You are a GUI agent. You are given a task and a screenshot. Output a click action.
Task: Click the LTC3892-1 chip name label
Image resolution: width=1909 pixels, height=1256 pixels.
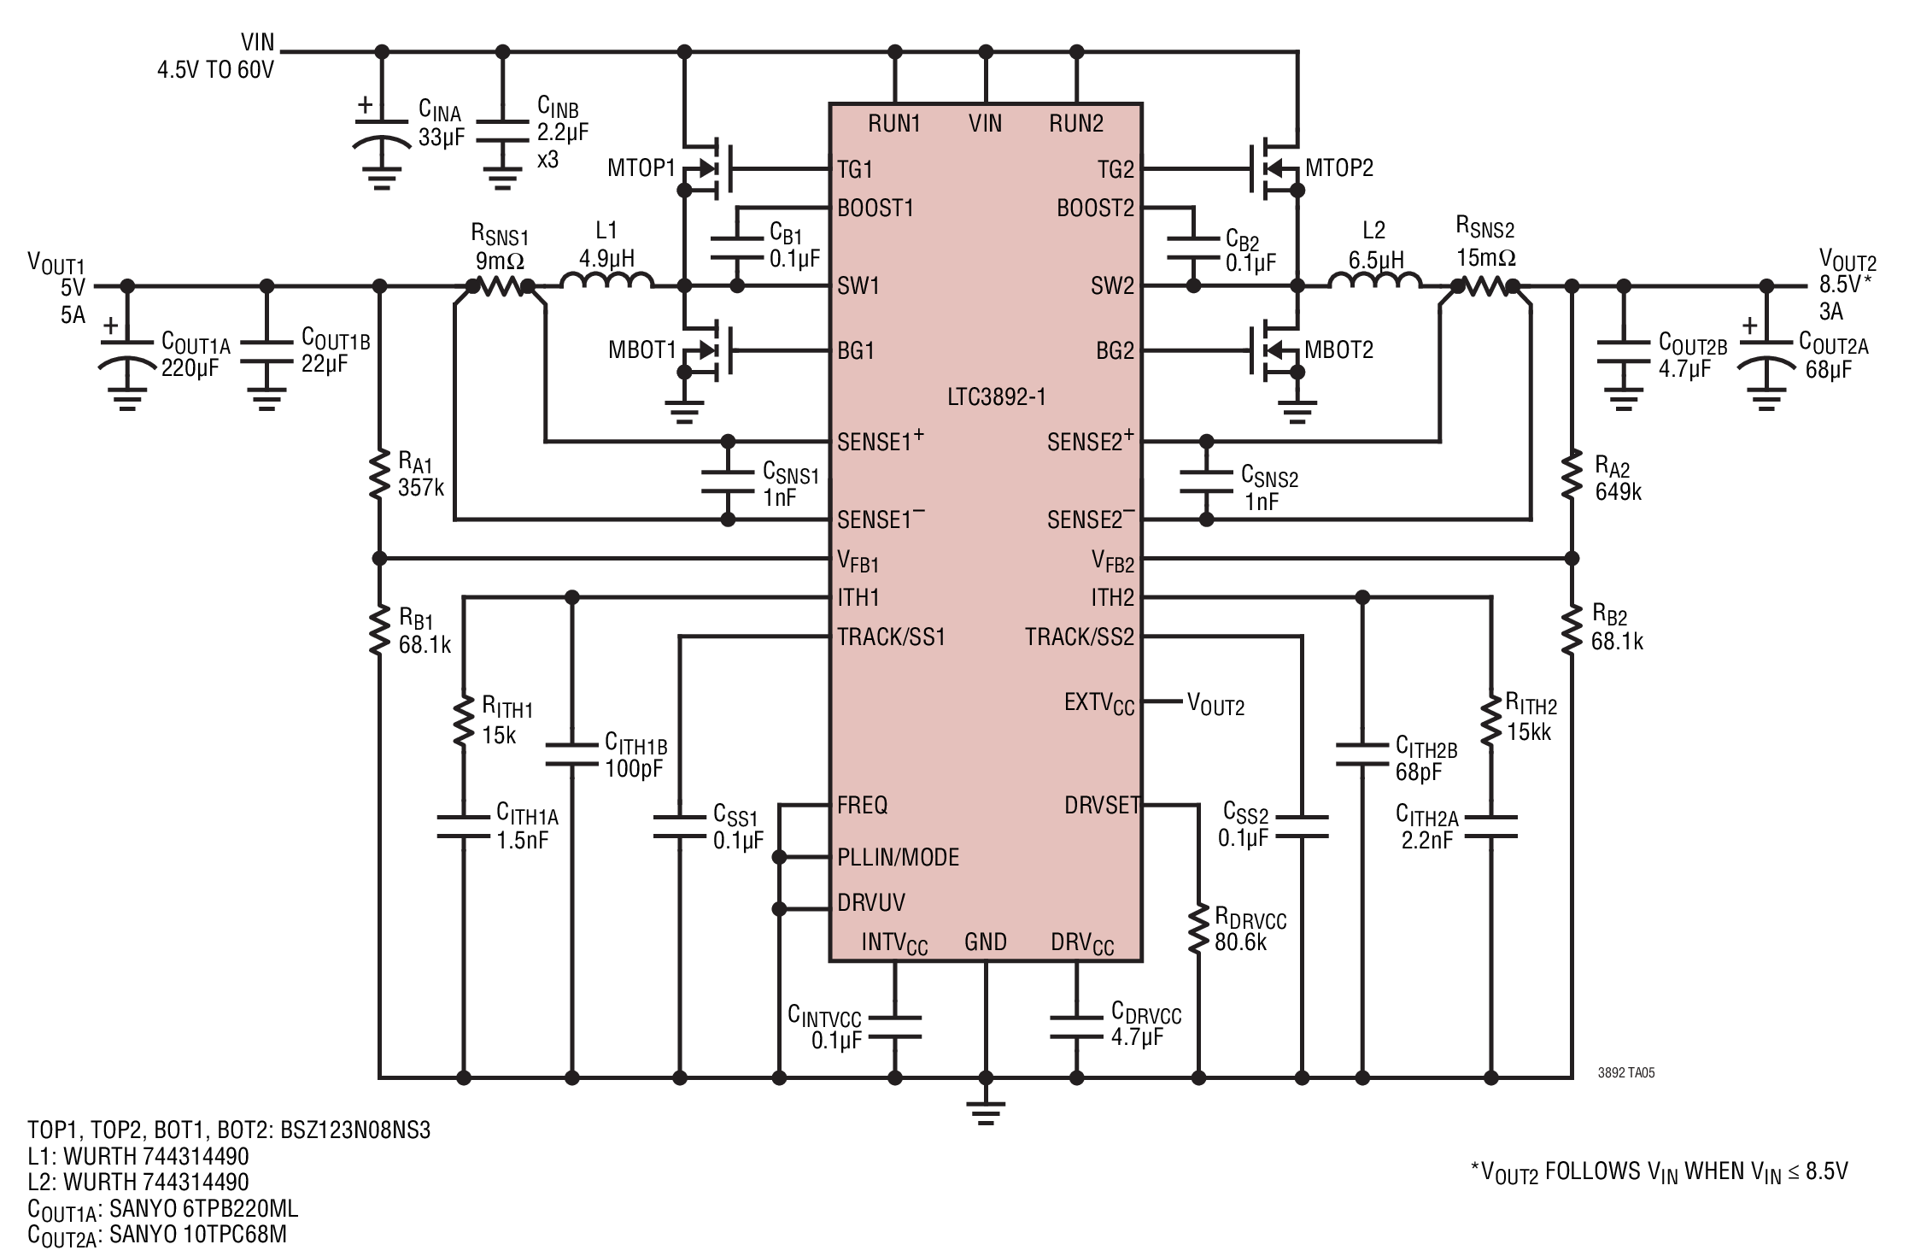click(x=996, y=396)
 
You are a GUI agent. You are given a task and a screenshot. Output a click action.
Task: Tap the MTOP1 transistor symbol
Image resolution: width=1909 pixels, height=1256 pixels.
click(x=705, y=167)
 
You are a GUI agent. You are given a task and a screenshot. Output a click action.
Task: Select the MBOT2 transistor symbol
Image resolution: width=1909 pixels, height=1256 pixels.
click(x=1276, y=350)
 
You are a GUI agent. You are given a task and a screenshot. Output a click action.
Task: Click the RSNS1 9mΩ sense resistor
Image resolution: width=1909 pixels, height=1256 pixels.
click(x=500, y=286)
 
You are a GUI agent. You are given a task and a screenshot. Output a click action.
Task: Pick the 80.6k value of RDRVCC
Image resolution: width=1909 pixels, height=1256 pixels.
click(x=1241, y=942)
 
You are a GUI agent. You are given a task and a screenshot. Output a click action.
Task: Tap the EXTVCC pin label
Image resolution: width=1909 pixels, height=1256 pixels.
click(x=1099, y=703)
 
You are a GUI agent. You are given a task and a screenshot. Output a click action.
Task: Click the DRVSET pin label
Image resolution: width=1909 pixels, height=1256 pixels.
click(x=1102, y=805)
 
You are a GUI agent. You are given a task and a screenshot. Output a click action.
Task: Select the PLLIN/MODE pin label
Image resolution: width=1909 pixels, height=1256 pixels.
click(x=898, y=857)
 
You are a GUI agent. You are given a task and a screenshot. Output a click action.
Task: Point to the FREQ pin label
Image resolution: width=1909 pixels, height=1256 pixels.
click(x=862, y=805)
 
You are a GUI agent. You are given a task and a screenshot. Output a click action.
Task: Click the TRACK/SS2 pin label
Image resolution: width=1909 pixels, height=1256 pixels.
click(x=1080, y=637)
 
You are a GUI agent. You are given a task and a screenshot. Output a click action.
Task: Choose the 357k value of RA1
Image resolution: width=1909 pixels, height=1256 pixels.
click(x=420, y=488)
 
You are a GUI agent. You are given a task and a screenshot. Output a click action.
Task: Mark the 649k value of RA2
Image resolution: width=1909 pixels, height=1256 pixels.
click(x=1618, y=491)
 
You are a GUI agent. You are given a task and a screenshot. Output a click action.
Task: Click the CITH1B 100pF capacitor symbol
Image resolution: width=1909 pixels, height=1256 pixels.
click(x=572, y=753)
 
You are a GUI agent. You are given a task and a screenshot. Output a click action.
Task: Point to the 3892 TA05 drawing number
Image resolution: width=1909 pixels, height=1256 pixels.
click(x=1626, y=1073)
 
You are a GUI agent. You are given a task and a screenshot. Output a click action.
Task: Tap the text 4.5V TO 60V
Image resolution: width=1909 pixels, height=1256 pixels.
click(x=215, y=69)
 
